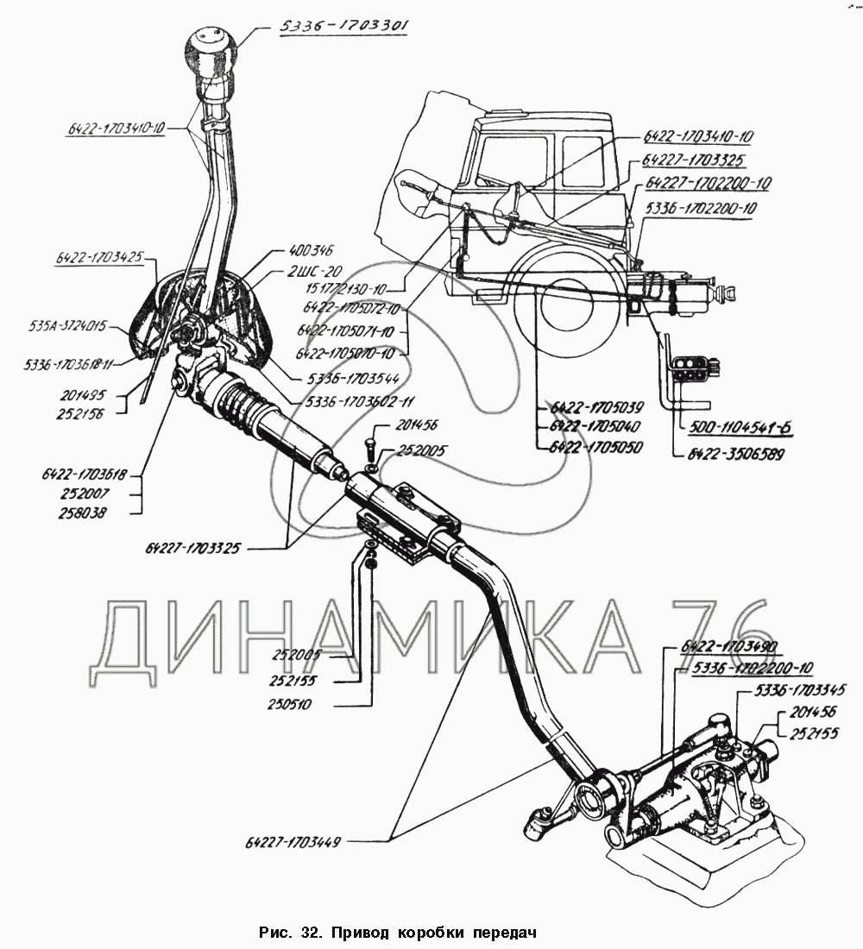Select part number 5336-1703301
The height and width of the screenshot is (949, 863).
[343, 27]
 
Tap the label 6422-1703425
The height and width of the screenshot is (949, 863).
[101, 256]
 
